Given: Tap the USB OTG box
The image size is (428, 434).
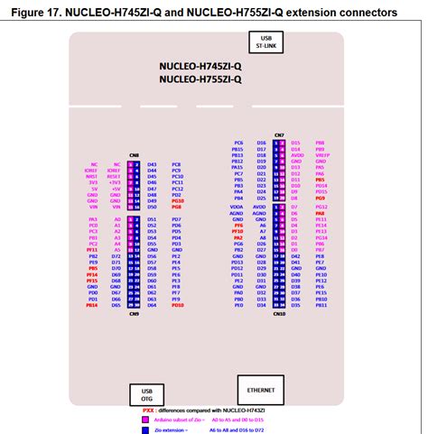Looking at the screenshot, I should point(140,394).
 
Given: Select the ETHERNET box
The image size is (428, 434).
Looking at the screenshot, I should point(260,387).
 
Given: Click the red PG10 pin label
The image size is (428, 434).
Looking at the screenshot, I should point(177,201).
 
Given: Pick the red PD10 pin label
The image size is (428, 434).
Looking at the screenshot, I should point(237,232).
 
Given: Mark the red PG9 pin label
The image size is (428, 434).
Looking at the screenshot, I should point(321,198).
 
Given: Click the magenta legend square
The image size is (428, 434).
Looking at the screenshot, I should point(144,420).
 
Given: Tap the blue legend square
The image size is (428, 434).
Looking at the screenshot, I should point(144,430).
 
